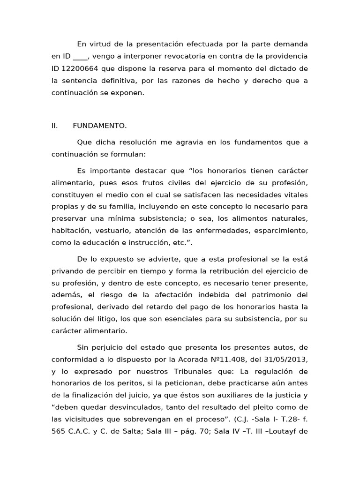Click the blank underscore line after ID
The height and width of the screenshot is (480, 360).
80,57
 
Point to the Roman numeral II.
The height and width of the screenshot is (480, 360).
54,126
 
